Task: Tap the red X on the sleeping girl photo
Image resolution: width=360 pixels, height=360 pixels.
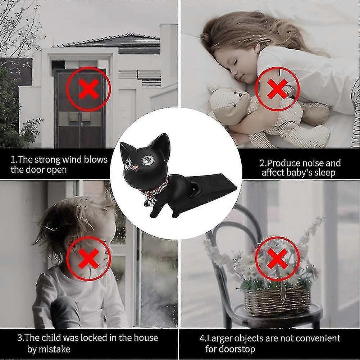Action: (x=277, y=88)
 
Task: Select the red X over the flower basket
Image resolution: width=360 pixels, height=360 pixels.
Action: (x=277, y=258)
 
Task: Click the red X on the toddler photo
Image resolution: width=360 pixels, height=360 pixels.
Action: (x=88, y=258)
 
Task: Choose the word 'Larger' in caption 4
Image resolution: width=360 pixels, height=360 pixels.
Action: (x=220, y=338)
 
